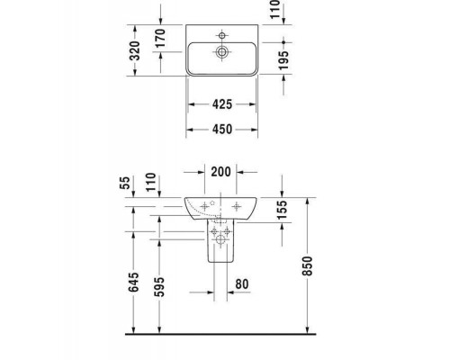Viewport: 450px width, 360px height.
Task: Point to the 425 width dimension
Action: coord(221,104)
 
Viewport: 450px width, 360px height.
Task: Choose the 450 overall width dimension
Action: coord(221,130)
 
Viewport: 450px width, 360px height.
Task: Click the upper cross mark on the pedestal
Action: coord(216,231)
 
